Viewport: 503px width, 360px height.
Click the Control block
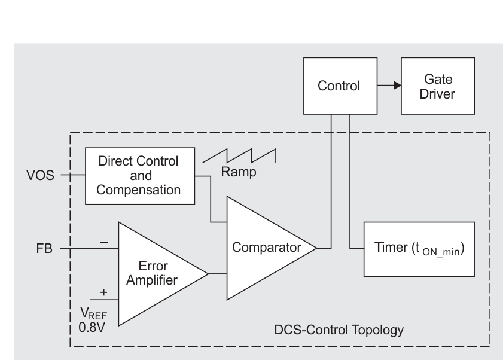click(x=339, y=86)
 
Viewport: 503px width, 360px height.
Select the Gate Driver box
click(x=438, y=86)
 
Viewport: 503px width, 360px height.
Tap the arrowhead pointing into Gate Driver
click(x=397, y=86)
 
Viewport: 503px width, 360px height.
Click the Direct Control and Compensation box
click(x=141, y=176)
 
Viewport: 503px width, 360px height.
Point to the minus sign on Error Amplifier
click(x=103, y=242)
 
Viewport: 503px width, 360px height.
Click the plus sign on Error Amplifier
click(x=103, y=292)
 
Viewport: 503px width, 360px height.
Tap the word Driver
click(x=438, y=93)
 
